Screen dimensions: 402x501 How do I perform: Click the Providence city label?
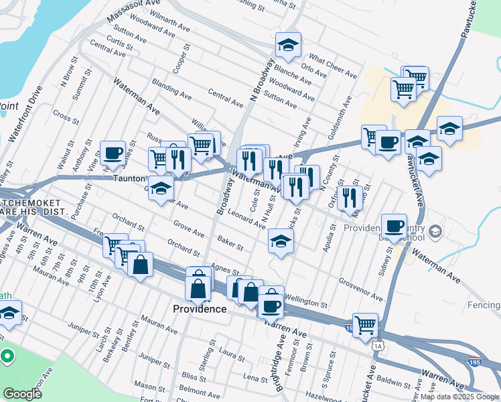[200, 309]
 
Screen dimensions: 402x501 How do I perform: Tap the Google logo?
[23, 394]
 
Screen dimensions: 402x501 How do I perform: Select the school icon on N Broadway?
[289, 45]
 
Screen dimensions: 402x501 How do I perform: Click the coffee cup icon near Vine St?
[113, 153]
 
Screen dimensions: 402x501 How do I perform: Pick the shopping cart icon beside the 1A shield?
[365, 326]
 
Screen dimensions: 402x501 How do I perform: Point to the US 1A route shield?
[379, 345]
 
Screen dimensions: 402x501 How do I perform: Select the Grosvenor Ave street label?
[360, 289]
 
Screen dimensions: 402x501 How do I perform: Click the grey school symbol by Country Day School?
[436, 232]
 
